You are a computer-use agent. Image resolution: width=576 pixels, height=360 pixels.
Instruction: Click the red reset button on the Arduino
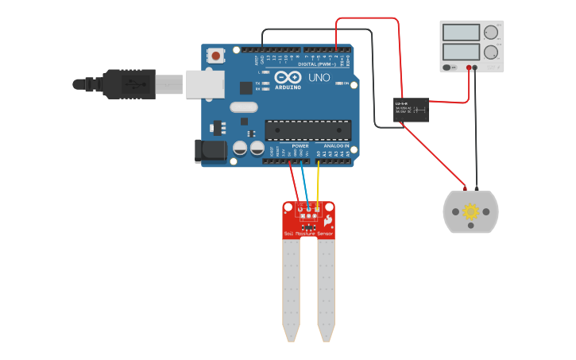[x=215, y=56]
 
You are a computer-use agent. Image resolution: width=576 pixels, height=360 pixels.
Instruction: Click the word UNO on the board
[x=318, y=78]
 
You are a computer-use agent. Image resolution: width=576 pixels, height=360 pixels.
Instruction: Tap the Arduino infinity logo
[x=289, y=77]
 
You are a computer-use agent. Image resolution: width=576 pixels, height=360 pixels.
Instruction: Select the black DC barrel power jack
[x=206, y=151]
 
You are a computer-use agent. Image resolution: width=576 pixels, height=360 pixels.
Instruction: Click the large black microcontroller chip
[x=307, y=129]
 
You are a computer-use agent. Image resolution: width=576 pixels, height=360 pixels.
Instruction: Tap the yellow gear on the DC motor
[x=470, y=211]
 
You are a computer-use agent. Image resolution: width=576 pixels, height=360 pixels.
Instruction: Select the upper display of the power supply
[x=462, y=33]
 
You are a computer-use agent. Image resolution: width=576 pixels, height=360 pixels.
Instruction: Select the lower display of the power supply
[x=462, y=52]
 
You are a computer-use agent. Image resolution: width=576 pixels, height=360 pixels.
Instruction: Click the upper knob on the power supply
[x=491, y=33]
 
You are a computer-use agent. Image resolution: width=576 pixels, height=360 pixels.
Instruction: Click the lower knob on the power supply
[x=491, y=52]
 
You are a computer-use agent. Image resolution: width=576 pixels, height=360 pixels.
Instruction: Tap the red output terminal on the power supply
[x=470, y=68]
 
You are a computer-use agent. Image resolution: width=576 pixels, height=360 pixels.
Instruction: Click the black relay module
[x=412, y=110]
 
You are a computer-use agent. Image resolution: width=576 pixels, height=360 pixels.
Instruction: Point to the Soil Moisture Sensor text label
[x=309, y=234]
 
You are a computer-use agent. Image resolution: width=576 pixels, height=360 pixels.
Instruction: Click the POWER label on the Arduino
[x=300, y=146]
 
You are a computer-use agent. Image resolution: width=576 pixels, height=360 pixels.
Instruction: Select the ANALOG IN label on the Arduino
[x=336, y=146]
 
